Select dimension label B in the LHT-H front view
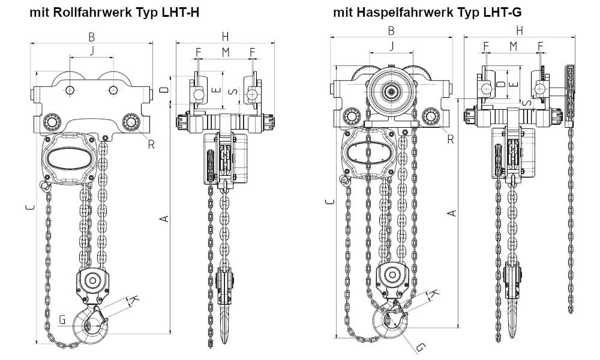coord(92,35)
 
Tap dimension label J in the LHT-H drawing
coord(92,51)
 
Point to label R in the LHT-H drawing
coord(152,143)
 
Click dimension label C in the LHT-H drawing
coord(29,208)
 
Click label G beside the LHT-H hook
coord(62,320)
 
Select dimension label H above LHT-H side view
coord(224,36)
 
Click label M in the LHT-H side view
coord(225,52)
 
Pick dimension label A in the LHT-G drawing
coord(453,212)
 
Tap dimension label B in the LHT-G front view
coord(391,31)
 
